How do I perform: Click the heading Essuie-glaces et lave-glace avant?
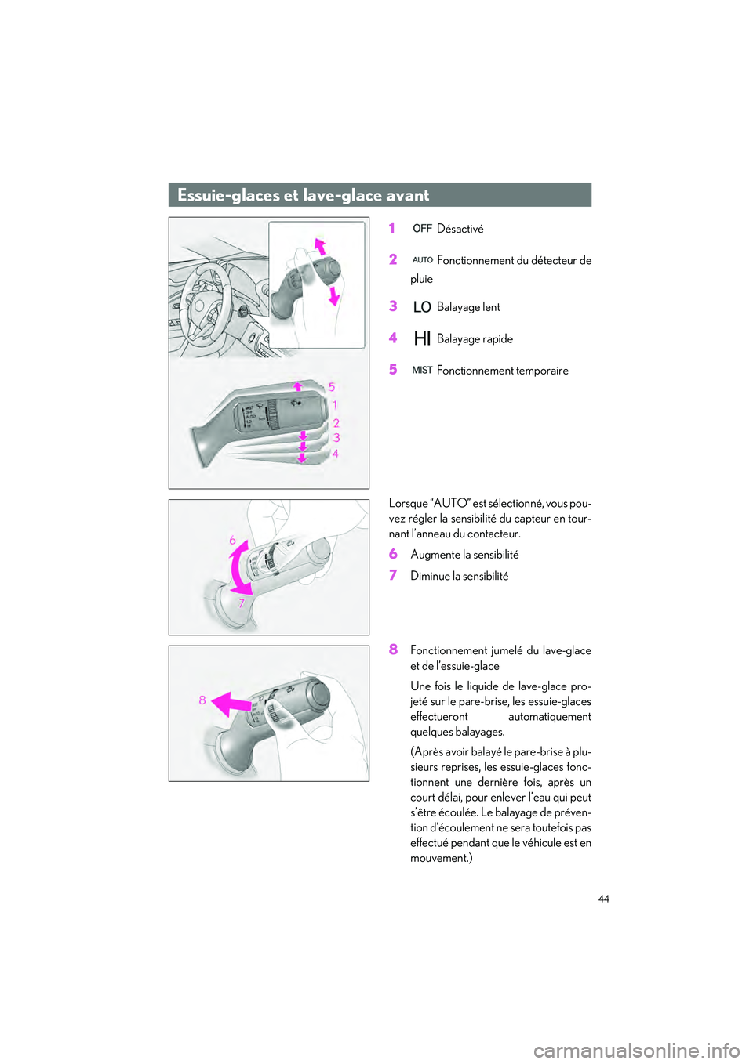303,195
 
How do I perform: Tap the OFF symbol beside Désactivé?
422,229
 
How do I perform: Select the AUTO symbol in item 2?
422,260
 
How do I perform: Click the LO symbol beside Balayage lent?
422,307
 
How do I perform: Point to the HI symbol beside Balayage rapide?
422,338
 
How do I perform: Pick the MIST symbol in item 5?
422,370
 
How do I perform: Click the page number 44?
603,899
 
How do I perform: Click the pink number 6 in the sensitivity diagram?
232,540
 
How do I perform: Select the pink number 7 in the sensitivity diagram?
242,603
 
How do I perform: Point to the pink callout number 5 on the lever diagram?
332,387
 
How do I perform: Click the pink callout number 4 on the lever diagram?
335,454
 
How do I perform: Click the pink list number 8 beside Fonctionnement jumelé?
393,650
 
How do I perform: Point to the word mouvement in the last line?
439,858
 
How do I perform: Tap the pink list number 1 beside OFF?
392,228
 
